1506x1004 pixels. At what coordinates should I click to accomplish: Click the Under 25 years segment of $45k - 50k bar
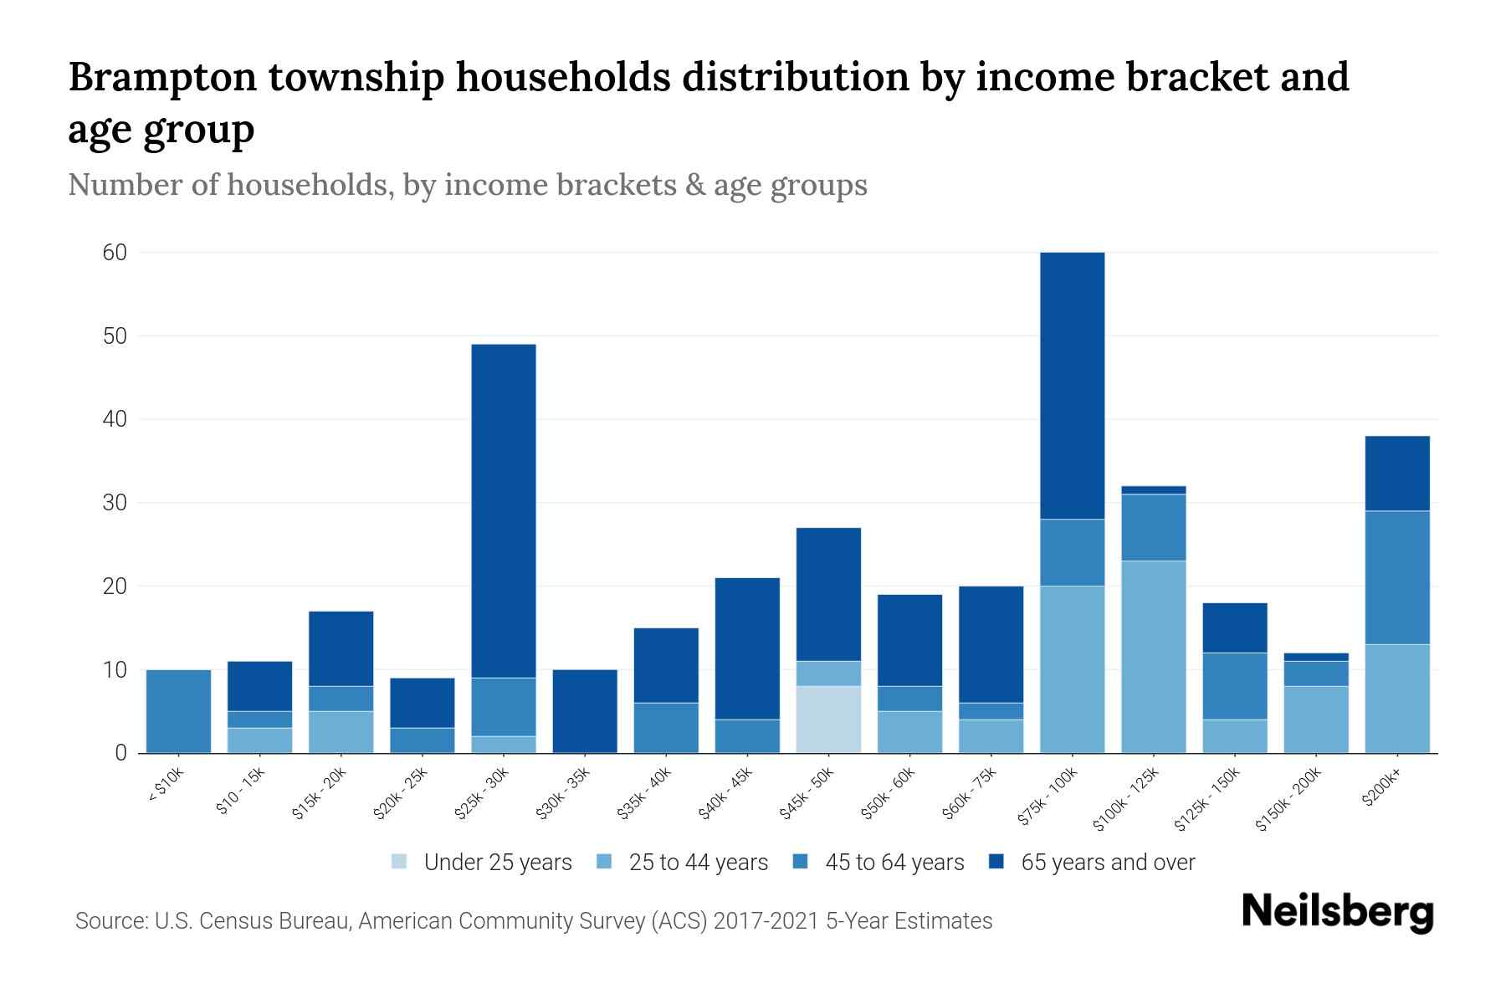coord(828,720)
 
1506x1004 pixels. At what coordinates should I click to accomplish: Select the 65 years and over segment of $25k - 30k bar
coord(504,510)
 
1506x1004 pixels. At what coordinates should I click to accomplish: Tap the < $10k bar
coord(178,711)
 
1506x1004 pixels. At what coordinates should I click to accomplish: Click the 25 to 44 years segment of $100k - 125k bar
coord(1154,657)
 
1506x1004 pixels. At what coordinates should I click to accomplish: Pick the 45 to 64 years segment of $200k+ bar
coord(1397,577)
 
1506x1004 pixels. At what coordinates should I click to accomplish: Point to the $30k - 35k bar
coord(585,711)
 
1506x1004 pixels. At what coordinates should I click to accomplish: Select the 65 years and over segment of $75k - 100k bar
coord(1073,385)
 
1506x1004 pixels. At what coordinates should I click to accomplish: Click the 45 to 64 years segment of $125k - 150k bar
coord(1235,686)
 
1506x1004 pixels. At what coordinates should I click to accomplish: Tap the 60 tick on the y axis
coord(115,253)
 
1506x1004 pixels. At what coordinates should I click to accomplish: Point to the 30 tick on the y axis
coord(115,503)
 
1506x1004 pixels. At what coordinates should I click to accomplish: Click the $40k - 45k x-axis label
coord(727,793)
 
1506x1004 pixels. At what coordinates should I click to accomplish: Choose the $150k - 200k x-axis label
coord(1289,799)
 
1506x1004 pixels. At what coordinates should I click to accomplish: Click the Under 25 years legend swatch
coord(400,862)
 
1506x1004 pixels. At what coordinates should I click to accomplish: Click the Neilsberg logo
coord(1337,912)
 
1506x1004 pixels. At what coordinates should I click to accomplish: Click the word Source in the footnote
coord(110,921)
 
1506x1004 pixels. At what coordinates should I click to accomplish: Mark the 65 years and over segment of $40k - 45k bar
coord(747,648)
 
